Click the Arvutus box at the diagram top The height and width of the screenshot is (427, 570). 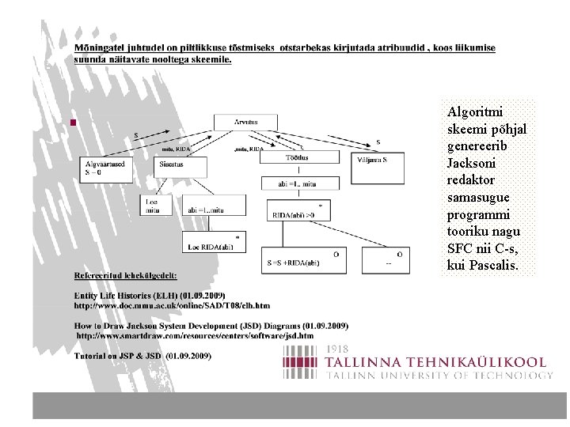click(x=245, y=122)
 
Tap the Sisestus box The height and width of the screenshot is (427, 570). click(x=181, y=166)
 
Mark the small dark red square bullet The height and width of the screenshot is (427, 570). click(x=72, y=123)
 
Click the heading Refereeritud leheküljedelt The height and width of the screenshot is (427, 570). click(x=126, y=276)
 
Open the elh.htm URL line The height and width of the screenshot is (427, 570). click(x=172, y=304)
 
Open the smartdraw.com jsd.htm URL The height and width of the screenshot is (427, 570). click(x=195, y=335)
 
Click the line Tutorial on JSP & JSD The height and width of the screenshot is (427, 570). click(x=142, y=357)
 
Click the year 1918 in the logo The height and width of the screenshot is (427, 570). click(x=338, y=349)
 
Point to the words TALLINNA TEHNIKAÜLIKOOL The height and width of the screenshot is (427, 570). click(x=436, y=361)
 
